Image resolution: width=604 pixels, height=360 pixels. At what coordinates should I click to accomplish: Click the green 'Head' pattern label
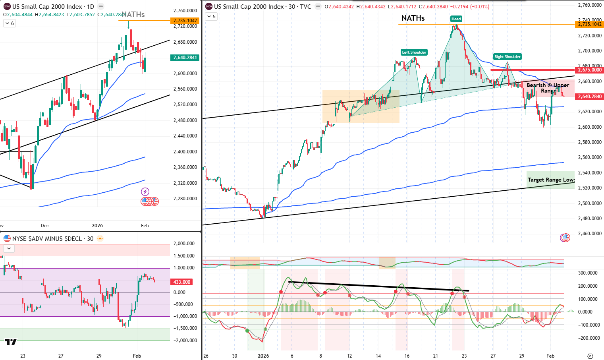point(456,19)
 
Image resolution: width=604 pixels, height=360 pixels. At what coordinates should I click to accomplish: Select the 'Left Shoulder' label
point(414,52)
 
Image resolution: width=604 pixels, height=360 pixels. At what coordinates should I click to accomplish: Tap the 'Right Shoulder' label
point(507,56)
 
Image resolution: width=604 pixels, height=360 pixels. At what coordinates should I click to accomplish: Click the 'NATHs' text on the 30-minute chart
point(413,18)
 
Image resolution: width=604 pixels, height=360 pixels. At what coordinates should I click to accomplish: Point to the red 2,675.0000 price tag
point(589,70)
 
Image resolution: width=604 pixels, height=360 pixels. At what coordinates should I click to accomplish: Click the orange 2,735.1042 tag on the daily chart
point(185,21)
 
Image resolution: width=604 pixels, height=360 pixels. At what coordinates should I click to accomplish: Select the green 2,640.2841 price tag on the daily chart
point(185,58)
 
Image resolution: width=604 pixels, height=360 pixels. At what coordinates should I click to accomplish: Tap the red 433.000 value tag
point(182,282)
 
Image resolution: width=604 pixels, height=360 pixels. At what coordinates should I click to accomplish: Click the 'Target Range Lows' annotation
point(551,180)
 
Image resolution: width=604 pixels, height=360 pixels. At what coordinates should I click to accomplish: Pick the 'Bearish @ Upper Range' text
point(548,88)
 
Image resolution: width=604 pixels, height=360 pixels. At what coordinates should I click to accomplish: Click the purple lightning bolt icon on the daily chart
point(145,192)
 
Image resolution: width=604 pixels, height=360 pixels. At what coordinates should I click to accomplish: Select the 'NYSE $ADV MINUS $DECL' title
point(48,238)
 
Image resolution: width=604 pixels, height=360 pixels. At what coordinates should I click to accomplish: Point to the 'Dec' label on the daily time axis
point(45,225)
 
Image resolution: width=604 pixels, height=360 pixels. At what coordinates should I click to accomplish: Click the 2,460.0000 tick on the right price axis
point(590,234)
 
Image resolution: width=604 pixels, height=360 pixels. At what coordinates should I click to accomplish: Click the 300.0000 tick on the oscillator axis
point(588,273)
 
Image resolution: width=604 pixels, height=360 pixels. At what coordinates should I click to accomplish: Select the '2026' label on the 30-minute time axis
point(263,356)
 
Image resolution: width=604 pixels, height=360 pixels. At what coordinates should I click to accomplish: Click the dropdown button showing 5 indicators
point(211,17)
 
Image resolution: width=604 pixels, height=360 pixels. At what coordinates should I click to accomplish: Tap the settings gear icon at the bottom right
point(590,356)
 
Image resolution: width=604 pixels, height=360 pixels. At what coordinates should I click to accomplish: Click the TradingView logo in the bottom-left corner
point(11,342)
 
